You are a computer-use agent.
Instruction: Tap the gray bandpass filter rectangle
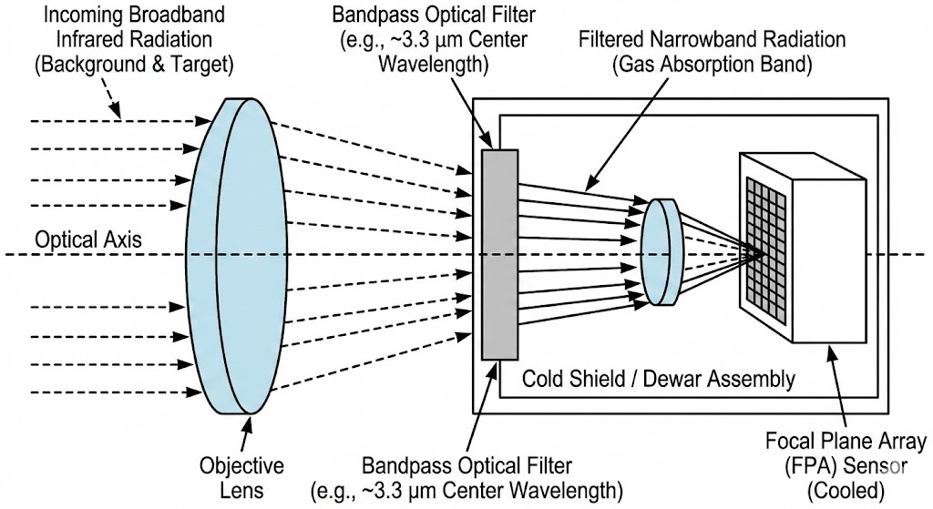pyautogui.click(x=499, y=254)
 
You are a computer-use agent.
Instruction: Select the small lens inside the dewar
pyautogui.click(x=662, y=252)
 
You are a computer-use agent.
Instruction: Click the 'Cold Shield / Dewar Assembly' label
pyautogui.click(x=658, y=378)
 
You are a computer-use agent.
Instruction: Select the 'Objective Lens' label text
pyautogui.click(x=241, y=479)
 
